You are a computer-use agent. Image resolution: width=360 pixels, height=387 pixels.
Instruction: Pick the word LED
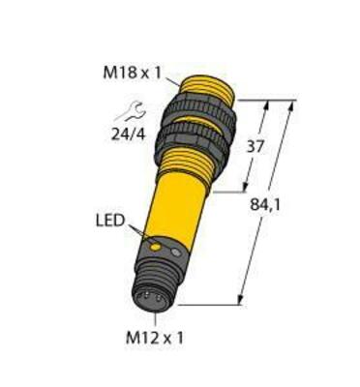(x=107, y=223)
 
